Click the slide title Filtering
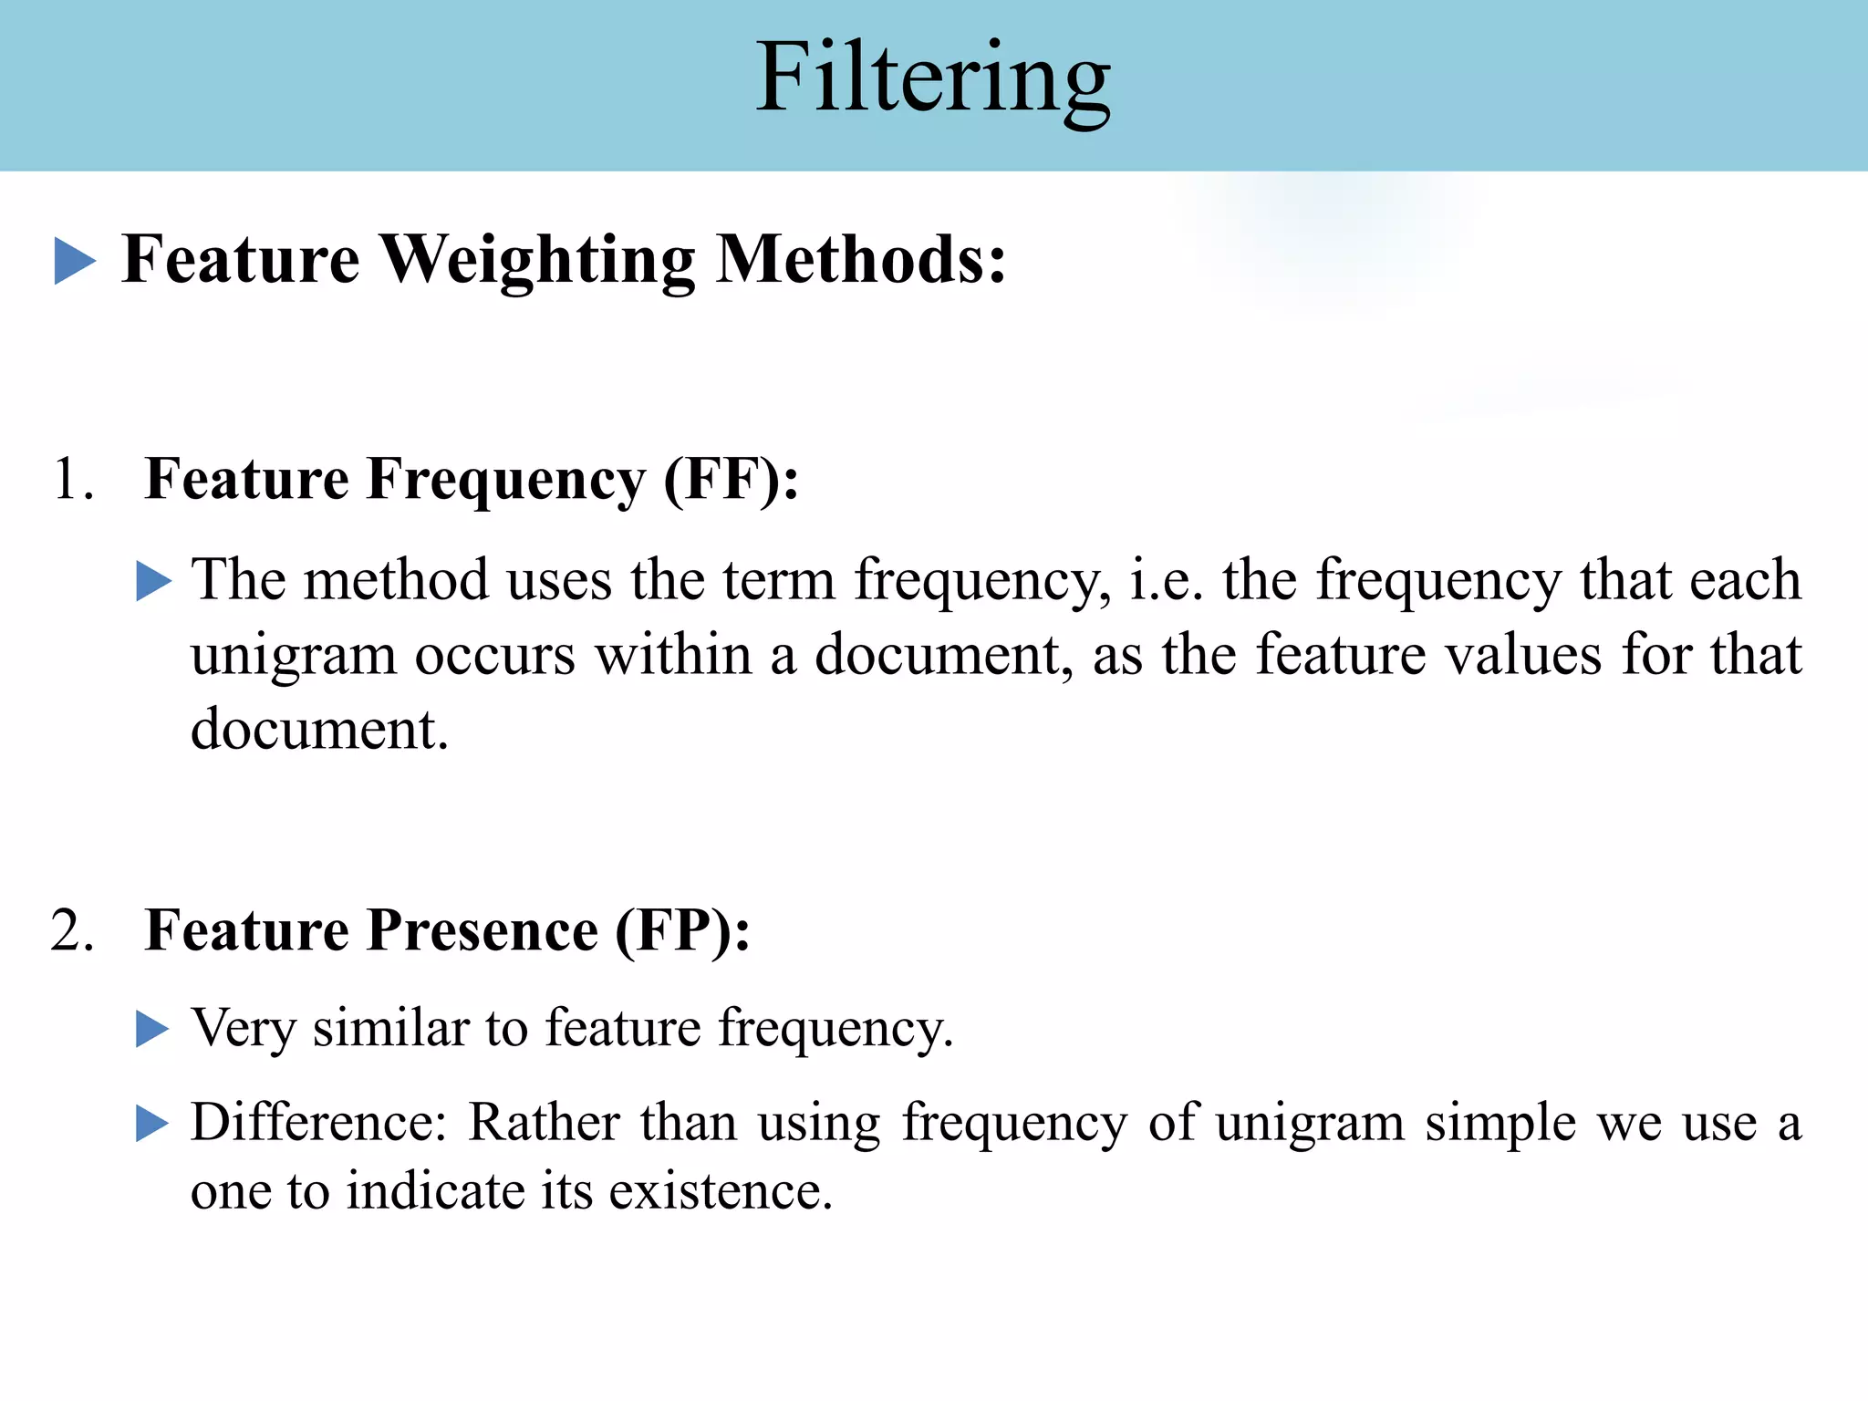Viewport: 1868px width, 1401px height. (x=933, y=80)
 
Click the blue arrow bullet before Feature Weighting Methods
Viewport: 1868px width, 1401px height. (x=75, y=261)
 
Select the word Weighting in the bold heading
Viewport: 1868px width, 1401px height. (x=537, y=261)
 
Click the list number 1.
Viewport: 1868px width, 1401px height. (x=72, y=479)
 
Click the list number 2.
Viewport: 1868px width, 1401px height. (x=72, y=931)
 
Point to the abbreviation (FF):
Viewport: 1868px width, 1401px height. (x=731, y=479)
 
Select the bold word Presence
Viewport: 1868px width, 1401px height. (x=483, y=930)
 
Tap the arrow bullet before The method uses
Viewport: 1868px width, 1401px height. (x=153, y=581)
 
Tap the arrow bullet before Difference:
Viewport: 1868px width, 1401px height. (x=153, y=1123)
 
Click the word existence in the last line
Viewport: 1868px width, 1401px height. (x=721, y=1191)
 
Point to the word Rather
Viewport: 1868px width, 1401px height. (x=544, y=1122)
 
